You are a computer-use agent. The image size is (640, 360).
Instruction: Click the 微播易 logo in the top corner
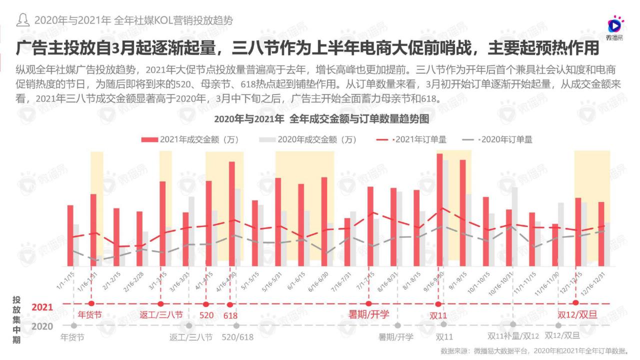click(614, 28)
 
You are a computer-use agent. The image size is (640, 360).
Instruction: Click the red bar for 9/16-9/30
click(439, 210)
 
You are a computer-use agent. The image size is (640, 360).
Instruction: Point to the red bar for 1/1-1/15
click(70, 235)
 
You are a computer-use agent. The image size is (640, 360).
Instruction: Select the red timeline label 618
click(230, 315)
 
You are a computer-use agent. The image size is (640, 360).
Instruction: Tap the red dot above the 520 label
click(206, 304)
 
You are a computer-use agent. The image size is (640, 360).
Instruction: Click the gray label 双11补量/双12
click(513, 336)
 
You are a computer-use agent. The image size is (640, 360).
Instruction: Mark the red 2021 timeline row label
click(42, 307)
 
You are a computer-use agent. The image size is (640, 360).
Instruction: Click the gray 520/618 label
click(237, 337)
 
